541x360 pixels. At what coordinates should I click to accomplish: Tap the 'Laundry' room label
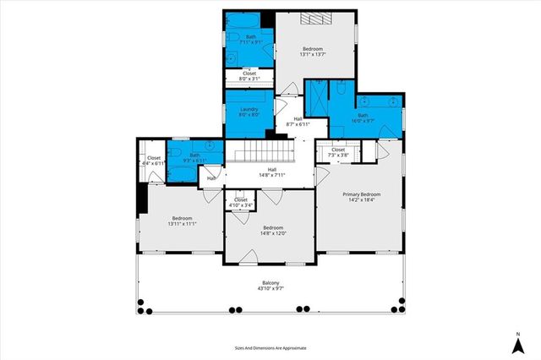point(249,109)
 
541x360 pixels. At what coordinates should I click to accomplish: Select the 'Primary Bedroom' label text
point(361,194)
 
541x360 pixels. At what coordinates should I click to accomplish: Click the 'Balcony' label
point(270,283)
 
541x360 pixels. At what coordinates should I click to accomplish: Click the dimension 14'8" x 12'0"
point(272,233)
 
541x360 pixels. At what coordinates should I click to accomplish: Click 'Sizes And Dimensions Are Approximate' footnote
point(270,347)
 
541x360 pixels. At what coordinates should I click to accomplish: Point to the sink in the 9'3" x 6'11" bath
point(208,145)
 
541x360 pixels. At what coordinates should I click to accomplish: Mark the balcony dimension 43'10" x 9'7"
point(270,290)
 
